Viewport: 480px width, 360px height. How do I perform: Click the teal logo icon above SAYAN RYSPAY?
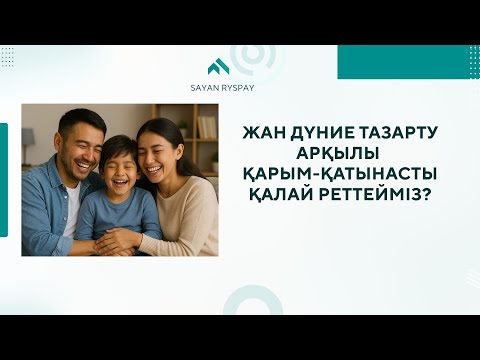tap(218, 67)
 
